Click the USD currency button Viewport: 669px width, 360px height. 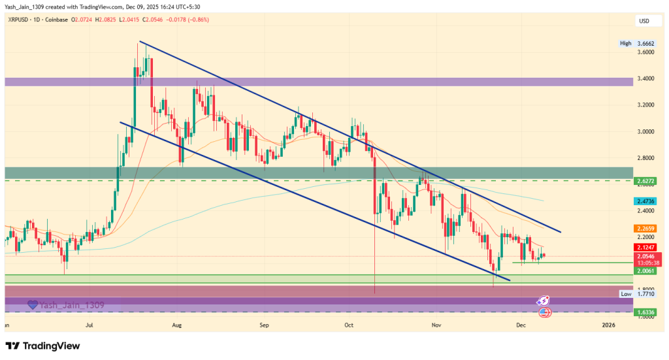(644, 22)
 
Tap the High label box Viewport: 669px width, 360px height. (626, 43)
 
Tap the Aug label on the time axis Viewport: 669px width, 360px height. (176, 324)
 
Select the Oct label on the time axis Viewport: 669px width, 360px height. (349, 324)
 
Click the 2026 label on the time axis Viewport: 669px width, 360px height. (608, 324)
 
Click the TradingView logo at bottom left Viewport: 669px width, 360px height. (42, 345)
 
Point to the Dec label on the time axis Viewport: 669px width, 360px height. (521, 324)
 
